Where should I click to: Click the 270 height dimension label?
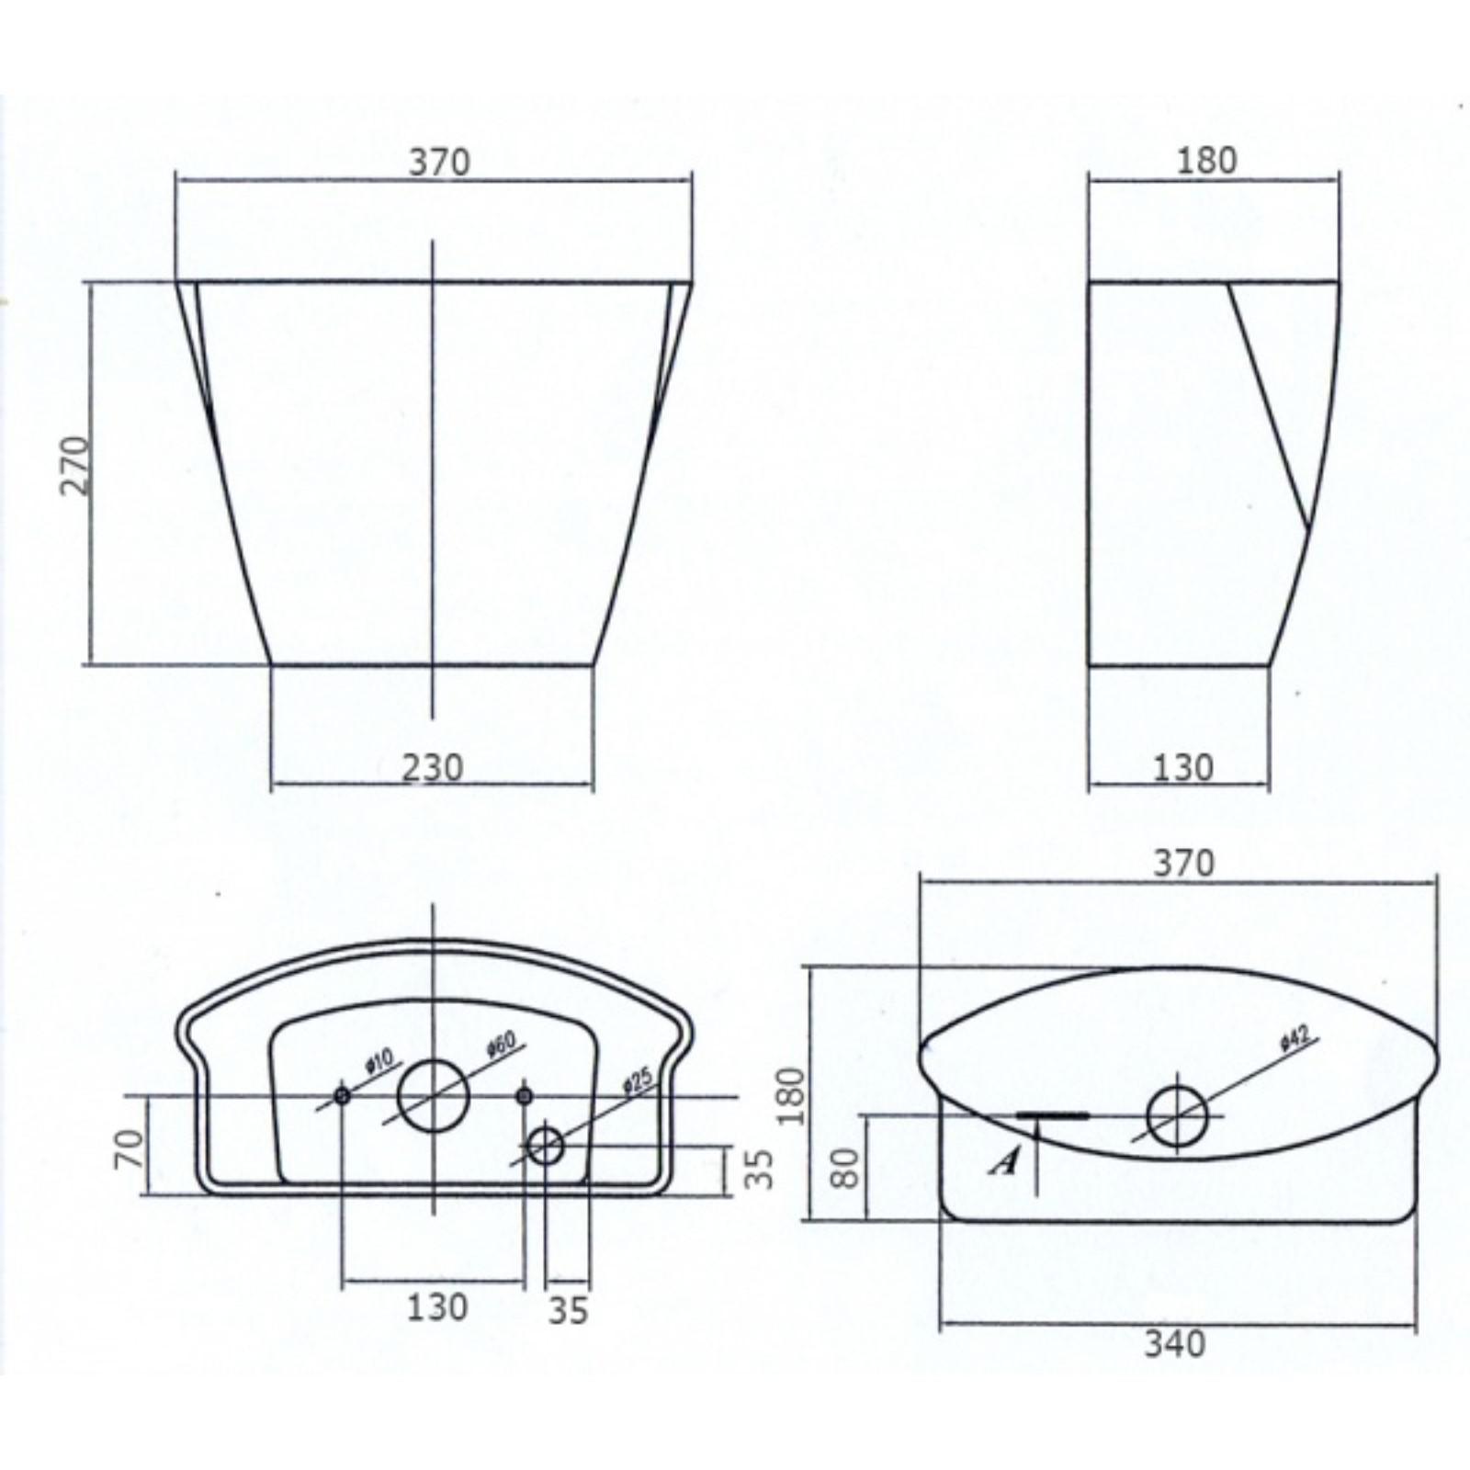pos(77,466)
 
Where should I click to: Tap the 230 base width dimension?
pos(433,767)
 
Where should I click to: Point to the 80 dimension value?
pos(848,1168)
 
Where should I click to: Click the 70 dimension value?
pos(130,1148)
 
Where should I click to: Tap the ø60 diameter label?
pos(502,1047)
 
